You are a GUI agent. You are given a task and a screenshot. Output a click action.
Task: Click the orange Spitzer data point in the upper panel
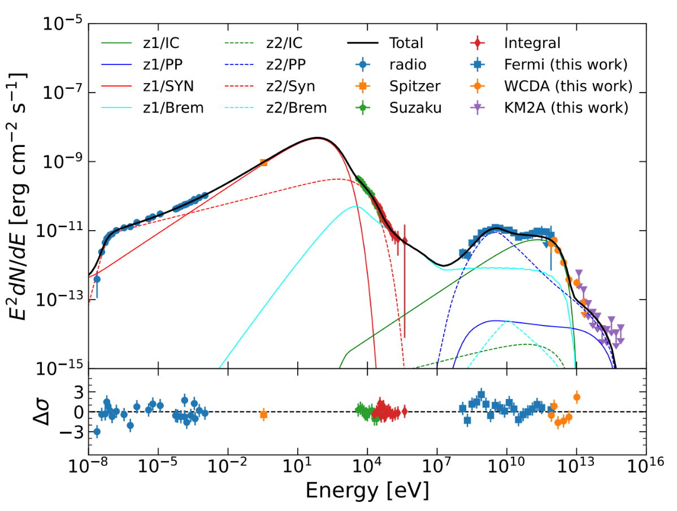click(x=263, y=162)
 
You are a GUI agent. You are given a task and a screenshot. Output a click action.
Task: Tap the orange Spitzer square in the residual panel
click(x=263, y=414)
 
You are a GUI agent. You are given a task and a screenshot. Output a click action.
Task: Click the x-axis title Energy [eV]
click(x=367, y=490)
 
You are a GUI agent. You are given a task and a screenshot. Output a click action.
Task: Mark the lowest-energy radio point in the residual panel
click(x=97, y=431)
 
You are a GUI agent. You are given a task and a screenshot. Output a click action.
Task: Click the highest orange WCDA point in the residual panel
click(x=576, y=397)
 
